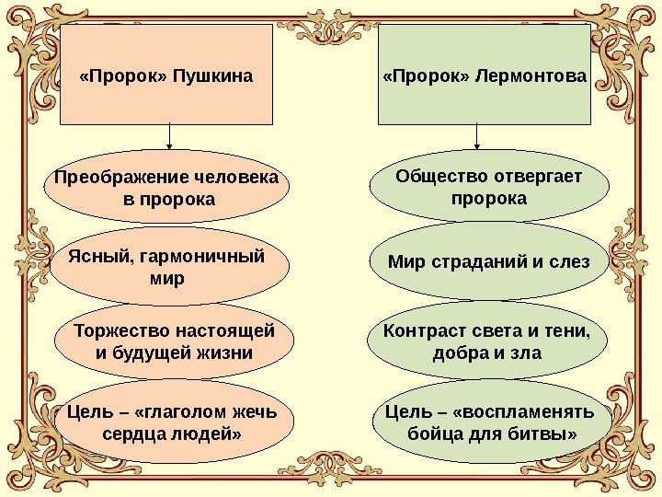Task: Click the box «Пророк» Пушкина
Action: click(166, 75)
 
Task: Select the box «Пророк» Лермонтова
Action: click(485, 75)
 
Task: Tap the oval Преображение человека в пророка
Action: click(167, 188)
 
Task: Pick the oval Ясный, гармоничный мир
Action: click(166, 266)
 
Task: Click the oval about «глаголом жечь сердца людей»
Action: click(174, 421)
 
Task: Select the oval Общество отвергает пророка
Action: click(489, 188)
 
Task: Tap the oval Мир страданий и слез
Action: click(488, 262)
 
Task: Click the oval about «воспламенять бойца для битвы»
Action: click(489, 421)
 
